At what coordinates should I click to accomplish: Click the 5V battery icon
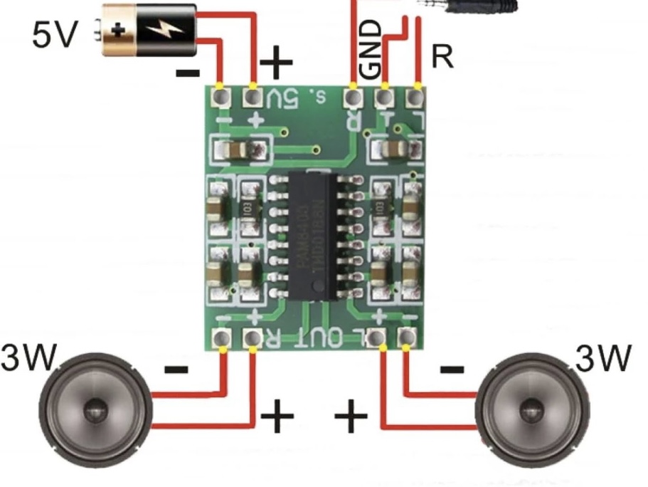click(149, 29)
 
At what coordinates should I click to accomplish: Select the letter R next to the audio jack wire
click(442, 56)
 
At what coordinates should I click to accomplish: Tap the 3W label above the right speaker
click(603, 358)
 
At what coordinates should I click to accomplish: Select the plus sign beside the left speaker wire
click(277, 415)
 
